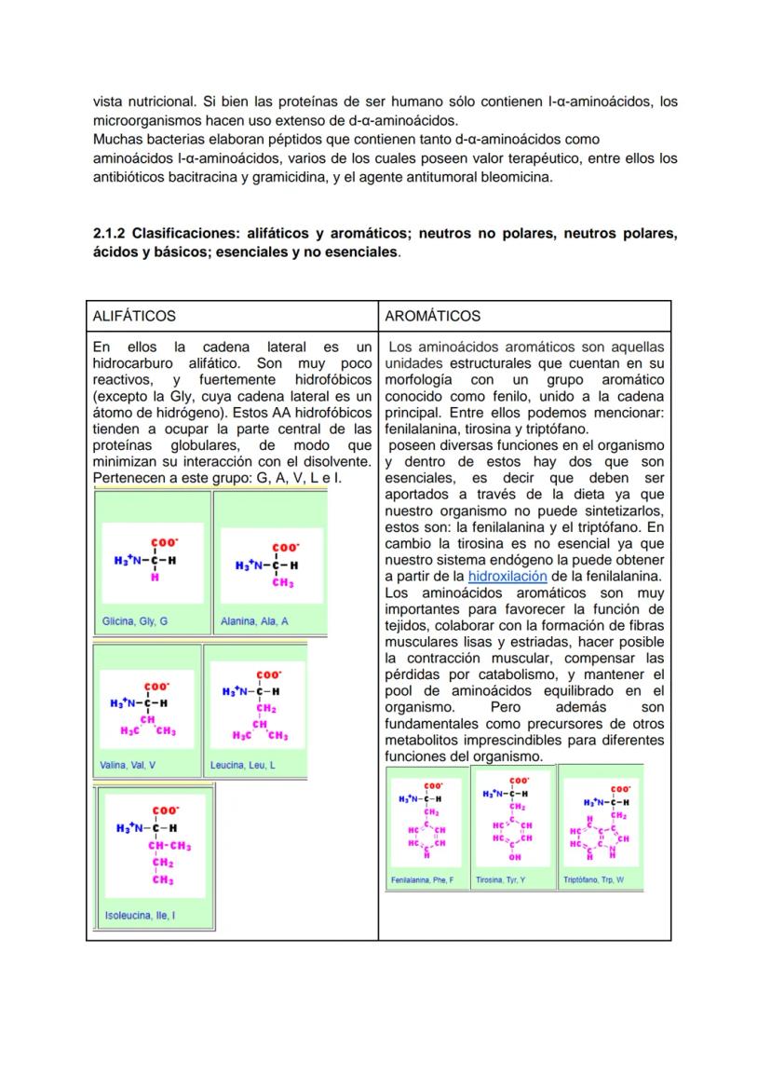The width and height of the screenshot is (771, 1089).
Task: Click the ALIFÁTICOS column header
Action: point(134,317)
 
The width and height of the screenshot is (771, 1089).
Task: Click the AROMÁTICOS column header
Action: point(432,317)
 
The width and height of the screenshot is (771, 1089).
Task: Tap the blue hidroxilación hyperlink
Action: point(507,577)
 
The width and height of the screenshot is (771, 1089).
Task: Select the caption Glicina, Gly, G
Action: point(135,620)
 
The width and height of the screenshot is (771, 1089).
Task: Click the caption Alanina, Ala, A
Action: point(254,620)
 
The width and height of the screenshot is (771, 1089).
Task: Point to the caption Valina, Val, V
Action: point(128,766)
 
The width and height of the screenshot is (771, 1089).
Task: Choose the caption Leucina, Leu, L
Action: point(243,766)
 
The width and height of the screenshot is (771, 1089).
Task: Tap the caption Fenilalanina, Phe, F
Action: point(422,879)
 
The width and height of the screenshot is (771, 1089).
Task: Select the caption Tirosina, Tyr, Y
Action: point(501,879)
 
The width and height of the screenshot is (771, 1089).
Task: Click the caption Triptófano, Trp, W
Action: point(594,879)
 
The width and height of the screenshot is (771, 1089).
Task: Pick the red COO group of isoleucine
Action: point(166,810)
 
